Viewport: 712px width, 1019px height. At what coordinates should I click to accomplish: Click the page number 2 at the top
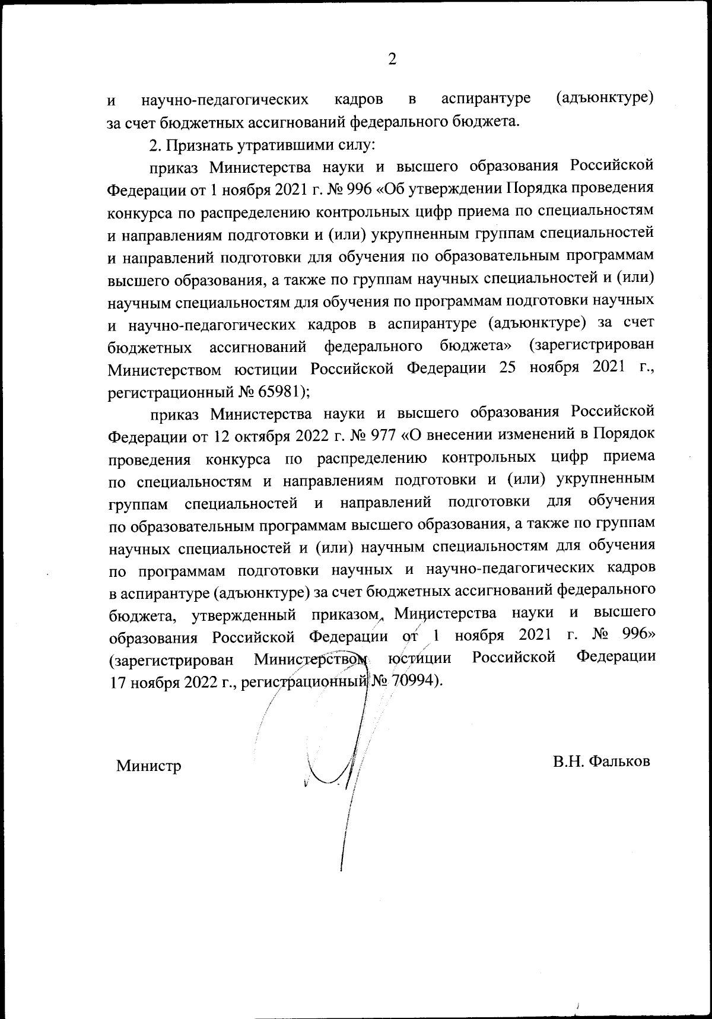(392, 59)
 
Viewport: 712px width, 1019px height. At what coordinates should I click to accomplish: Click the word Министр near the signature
(148, 766)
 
